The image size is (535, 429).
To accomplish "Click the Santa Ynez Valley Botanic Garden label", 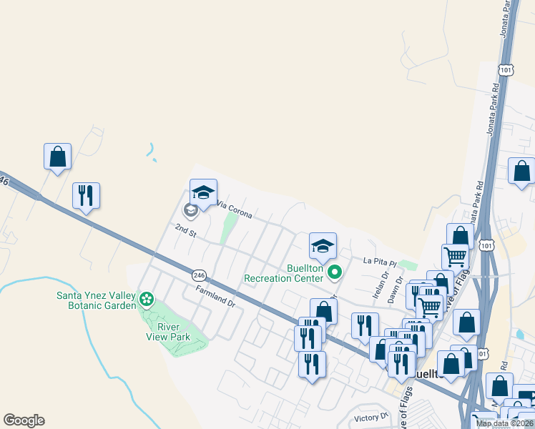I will click(96, 300).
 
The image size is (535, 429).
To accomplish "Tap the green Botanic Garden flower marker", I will click(147, 298).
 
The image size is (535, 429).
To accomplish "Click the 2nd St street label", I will click(185, 229).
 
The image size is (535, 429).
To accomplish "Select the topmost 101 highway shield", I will click(506, 69).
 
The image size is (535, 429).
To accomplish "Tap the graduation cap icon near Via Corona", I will click(203, 192).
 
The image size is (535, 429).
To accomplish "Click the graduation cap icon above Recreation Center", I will click(323, 245).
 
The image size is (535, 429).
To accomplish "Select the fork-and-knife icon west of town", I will click(86, 195).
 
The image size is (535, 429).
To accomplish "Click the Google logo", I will click(24, 420).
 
